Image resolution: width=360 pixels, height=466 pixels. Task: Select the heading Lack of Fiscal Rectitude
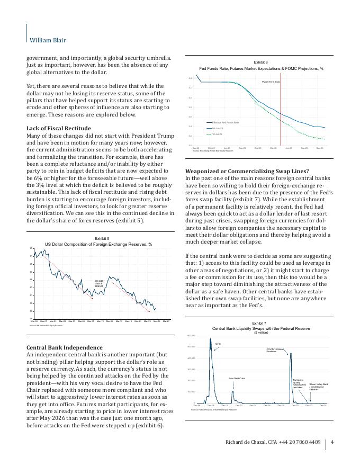click(x=59, y=129)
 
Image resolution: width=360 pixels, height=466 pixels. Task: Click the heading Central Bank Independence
click(x=65, y=347)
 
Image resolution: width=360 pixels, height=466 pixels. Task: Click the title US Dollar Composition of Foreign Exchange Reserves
click(x=98, y=244)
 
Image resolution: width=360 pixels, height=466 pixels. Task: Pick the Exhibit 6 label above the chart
click(x=261, y=62)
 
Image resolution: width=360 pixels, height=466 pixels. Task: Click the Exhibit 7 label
click(x=259, y=323)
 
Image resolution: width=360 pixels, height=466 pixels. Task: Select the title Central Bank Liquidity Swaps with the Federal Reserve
click(x=261, y=328)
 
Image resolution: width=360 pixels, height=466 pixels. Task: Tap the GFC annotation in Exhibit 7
click(x=218, y=344)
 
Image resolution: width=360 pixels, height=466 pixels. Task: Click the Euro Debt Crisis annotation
click(x=237, y=378)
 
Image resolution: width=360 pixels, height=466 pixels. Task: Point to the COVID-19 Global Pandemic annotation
click(x=276, y=351)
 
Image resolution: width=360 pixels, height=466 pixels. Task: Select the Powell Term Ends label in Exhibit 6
click(x=271, y=82)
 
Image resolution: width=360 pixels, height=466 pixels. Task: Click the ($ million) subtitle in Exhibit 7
click(x=261, y=333)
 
